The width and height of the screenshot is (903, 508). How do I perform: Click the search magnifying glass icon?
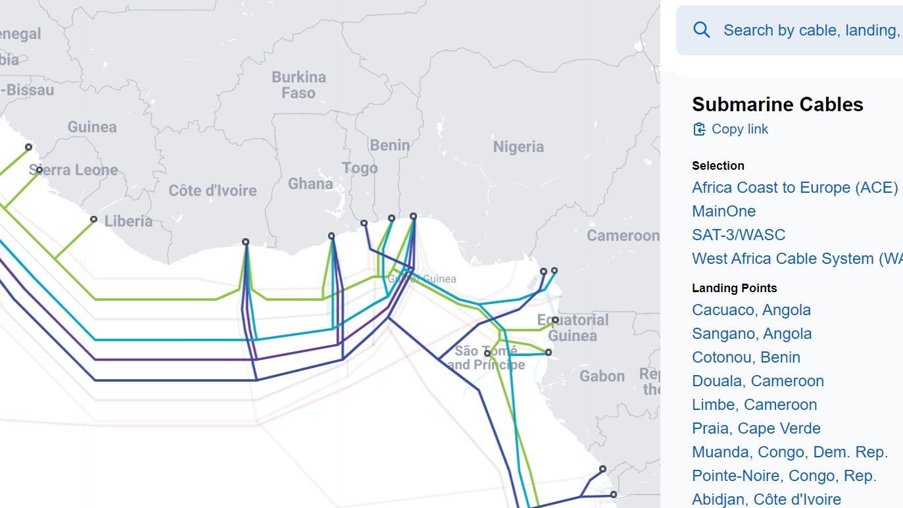(x=702, y=30)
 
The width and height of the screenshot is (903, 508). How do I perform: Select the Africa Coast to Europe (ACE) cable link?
(x=794, y=188)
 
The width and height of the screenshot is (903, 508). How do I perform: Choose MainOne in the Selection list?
(x=723, y=211)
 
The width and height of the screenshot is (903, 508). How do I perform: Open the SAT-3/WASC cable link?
(x=738, y=235)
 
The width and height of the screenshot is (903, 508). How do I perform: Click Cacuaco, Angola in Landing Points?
(x=751, y=310)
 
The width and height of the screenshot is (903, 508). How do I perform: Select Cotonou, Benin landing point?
(x=746, y=357)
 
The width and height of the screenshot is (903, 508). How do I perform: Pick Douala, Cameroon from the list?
(x=758, y=381)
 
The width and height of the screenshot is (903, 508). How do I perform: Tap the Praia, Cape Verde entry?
(x=756, y=428)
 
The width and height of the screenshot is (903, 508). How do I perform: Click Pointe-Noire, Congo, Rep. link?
(x=784, y=476)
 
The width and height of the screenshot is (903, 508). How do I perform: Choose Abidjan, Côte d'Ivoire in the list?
(x=766, y=499)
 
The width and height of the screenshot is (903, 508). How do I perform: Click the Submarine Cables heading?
(x=777, y=105)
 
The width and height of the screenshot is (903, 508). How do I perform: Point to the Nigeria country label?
(x=518, y=147)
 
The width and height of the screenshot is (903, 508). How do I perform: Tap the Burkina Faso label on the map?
(x=299, y=85)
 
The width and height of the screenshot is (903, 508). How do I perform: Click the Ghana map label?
(x=310, y=184)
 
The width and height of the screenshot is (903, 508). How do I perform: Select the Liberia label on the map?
(x=128, y=221)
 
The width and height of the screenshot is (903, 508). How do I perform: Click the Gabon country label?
(x=602, y=376)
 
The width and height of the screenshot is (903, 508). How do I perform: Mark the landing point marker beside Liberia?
(x=93, y=219)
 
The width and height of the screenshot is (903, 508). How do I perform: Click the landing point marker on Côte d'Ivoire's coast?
(x=245, y=242)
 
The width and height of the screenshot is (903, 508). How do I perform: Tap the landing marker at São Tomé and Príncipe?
(x=487, y=353)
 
